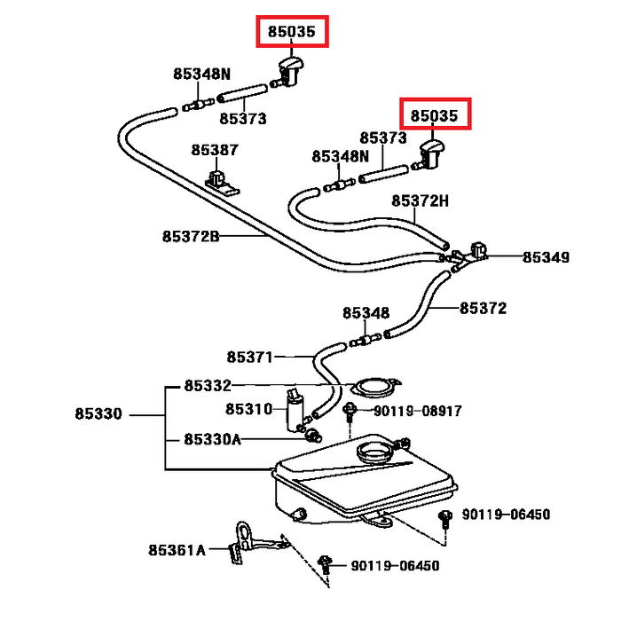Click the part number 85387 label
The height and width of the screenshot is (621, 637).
point(213,150)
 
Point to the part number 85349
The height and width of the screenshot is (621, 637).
point(546,257)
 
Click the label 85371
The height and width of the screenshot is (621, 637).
point(249,357)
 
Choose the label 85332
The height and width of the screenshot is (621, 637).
point(208,386)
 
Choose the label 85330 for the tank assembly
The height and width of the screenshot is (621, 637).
point(98,414)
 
